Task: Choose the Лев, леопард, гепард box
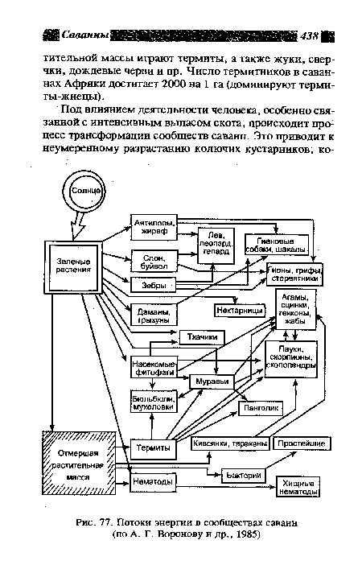coord(215,242)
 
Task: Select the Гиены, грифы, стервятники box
coord(294,274)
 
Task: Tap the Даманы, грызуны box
coord(151,312)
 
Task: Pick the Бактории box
coord(241,476)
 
